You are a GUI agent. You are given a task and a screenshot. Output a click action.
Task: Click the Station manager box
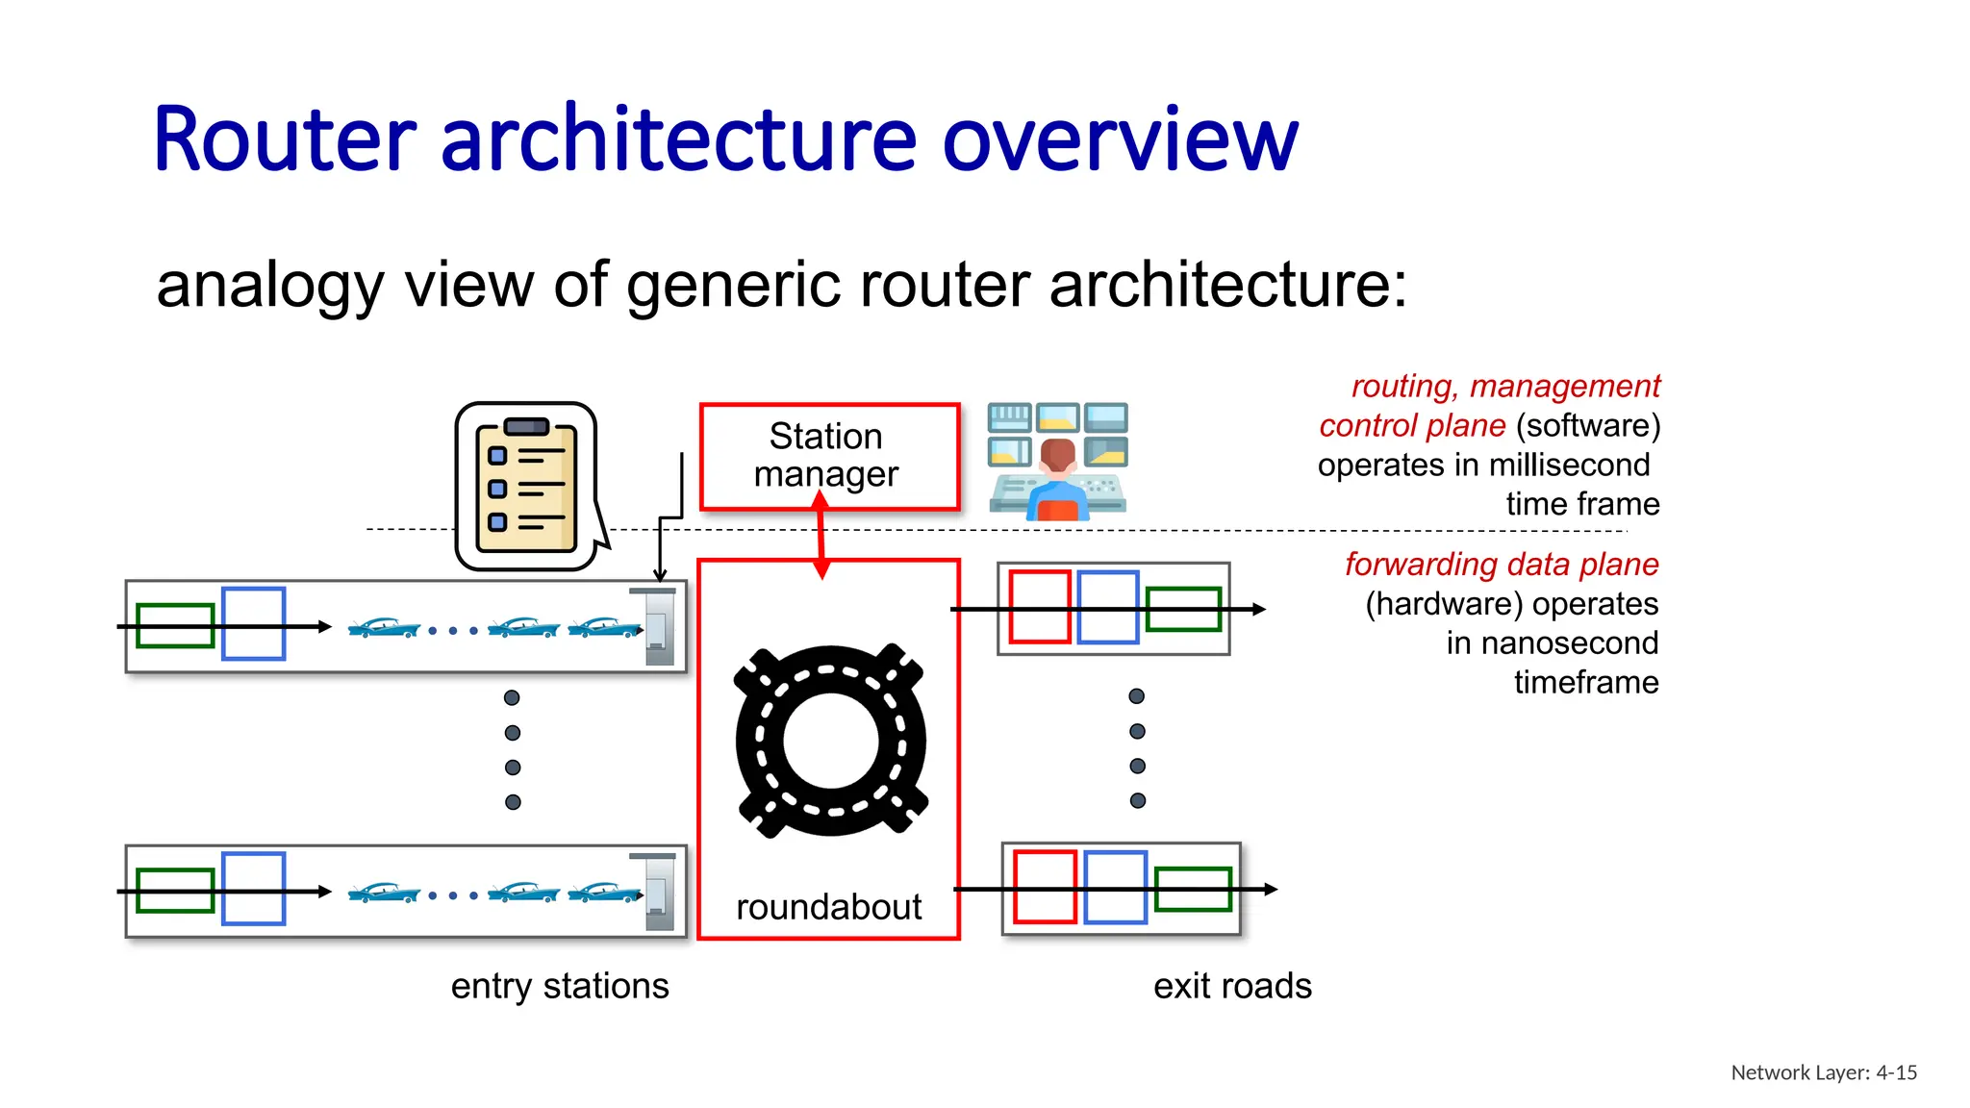pos(829,456)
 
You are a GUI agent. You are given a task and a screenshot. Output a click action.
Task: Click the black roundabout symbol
pos(830,741)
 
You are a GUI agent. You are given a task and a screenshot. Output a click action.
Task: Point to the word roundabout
pos(828,907)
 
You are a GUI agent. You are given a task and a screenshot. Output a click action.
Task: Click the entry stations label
pos(560,986)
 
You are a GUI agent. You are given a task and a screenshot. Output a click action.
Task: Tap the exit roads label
pos(1232,986)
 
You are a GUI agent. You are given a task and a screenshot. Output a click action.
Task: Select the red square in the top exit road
pos(1040,607)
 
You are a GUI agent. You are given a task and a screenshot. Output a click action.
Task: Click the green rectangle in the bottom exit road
pos(1193,889)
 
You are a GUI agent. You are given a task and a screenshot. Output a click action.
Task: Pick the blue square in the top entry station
pos(254,624)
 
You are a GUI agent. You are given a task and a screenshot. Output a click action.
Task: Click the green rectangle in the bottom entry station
pos(175,891)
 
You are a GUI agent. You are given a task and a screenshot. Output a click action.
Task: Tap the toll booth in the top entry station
pos(658,627)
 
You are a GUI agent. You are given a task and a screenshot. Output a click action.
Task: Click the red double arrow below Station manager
pos(821,535)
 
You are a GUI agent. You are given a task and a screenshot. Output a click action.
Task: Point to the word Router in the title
pos(285,140)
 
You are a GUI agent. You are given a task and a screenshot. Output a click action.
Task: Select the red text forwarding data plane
pos(1501,564)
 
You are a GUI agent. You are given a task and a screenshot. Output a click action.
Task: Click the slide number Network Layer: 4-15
pos(1824,1072)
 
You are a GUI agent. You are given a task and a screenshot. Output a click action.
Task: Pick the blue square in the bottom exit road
pos(1115,887)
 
